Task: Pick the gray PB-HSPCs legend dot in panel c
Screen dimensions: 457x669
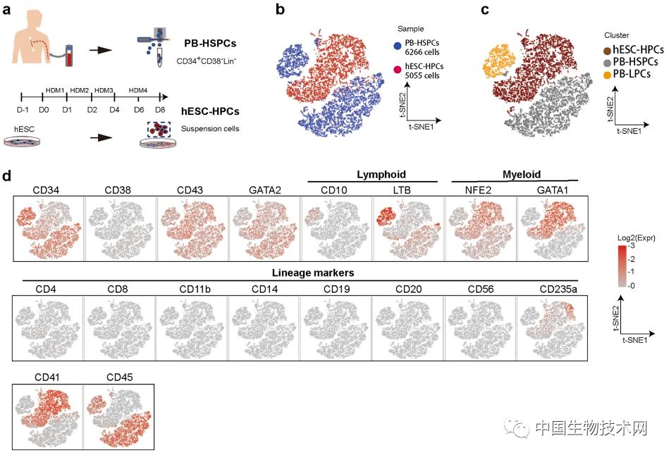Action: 606,62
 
